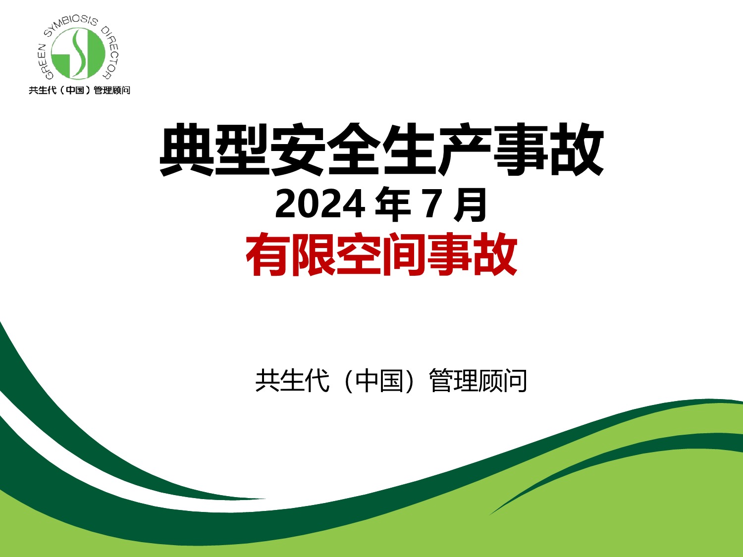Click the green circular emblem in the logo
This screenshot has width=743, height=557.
coord(78,53)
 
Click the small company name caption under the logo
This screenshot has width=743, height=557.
coord(80,90)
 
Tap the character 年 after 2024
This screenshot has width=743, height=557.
coord(393,204)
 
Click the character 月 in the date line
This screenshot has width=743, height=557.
coord(470,204)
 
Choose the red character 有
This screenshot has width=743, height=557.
coord(268,254)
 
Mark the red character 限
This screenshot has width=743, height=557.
coord(314,254)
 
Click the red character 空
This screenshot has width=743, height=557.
coord(359,254)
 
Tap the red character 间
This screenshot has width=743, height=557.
coord(405,254)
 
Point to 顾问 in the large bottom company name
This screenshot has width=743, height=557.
coord(502,381)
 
